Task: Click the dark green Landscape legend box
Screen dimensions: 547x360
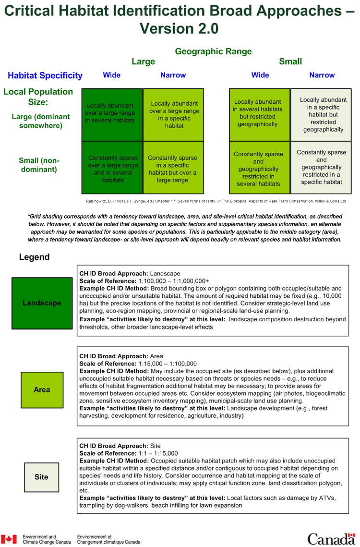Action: click(42, 303)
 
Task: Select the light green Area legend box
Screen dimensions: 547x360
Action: click(42, 389)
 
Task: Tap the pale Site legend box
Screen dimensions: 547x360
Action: click(41, 477)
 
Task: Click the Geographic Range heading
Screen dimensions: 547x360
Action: click(213, 51)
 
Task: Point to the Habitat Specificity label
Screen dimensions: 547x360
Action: click(45, 75)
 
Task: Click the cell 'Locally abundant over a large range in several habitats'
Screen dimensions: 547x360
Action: click(112, 114)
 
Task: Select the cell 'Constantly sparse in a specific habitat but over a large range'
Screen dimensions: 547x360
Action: click(173, 169)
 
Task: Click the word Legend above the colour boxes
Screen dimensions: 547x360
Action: click(34, 257)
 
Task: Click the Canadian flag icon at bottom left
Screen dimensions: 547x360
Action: click(9, 539)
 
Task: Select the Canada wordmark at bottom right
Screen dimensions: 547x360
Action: click(332, 538)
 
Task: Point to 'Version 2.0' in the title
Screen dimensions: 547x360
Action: click(179, 28)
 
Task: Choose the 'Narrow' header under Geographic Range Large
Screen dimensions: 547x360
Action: click(173, 75)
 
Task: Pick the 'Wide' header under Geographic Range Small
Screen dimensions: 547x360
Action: click(260, 75)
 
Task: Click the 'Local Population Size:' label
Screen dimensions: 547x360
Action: click(38, 97)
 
